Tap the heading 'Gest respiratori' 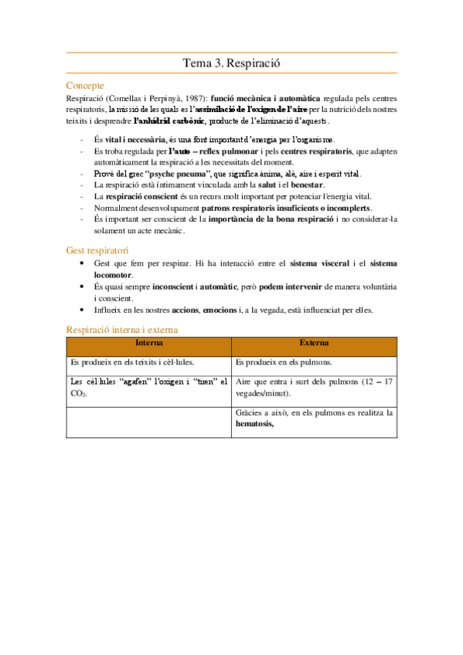click(97, 250)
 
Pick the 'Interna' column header click(149, 342)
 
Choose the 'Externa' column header click(314, 342)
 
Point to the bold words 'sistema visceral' click(321, 263)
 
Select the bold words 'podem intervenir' click(291, 287)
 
